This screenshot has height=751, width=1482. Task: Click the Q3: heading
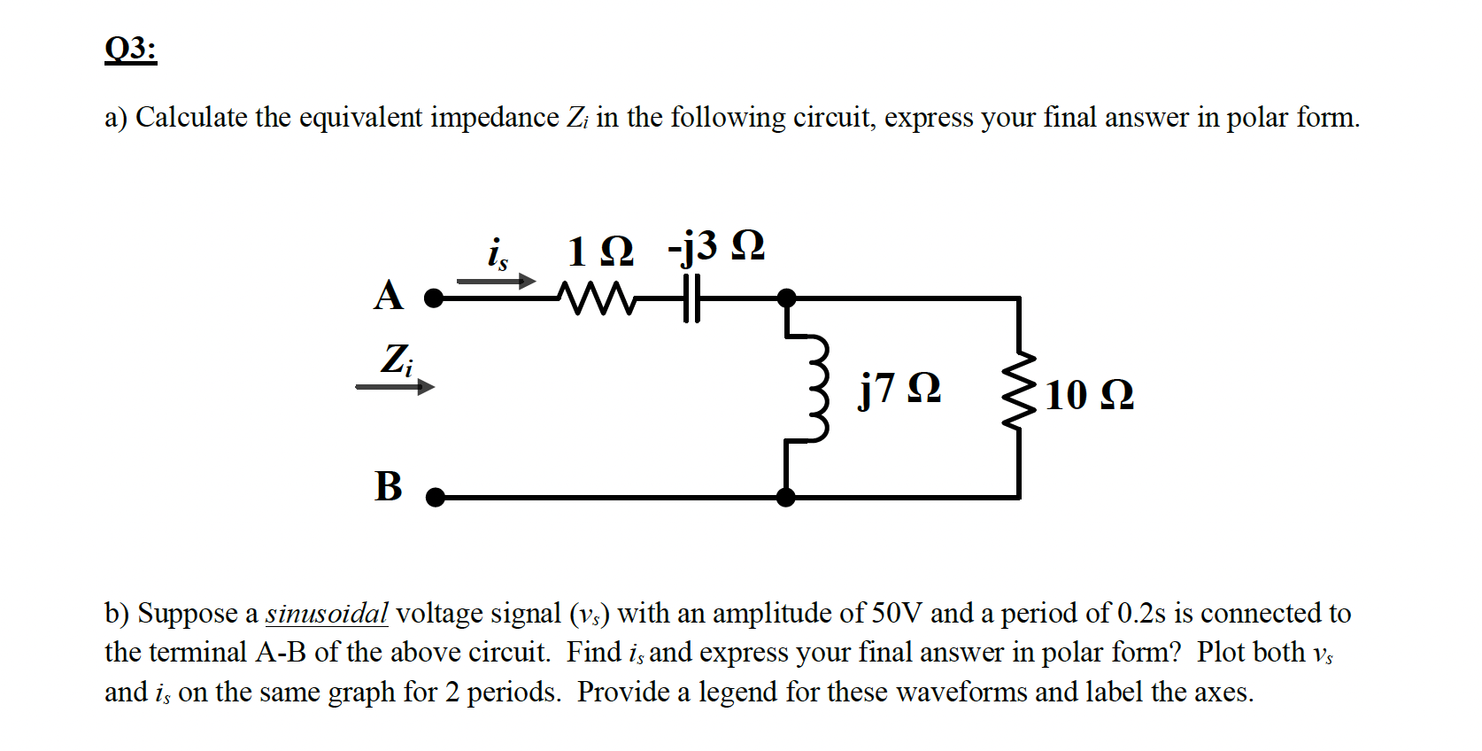click(x=130, y=49)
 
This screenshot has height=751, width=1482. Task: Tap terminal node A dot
click(x=434, y=298)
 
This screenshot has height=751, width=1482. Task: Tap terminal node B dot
click(x=435, y=498)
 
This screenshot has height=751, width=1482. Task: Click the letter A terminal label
click(x=388, y=296)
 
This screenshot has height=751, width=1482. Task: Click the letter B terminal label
click(x=388, y=486)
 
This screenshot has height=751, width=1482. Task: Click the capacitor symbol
click(x=691, y=298)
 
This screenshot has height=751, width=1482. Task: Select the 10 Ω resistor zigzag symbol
click(x=1020, y=389)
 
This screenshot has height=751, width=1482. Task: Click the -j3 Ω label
click(x=716, y=247)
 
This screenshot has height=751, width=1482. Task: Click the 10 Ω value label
click(x=1089, y=395)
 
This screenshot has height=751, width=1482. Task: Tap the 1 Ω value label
click(x=600, y=252)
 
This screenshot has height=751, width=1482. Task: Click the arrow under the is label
click(x=496, y=282)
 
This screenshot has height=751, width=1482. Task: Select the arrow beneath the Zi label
click(x=395, y=386)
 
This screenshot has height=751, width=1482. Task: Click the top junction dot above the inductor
click(x=786, y=298)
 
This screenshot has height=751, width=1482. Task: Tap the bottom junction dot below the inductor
click(x=785, y=498)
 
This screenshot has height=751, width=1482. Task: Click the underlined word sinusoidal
click(x=327, y=613)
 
